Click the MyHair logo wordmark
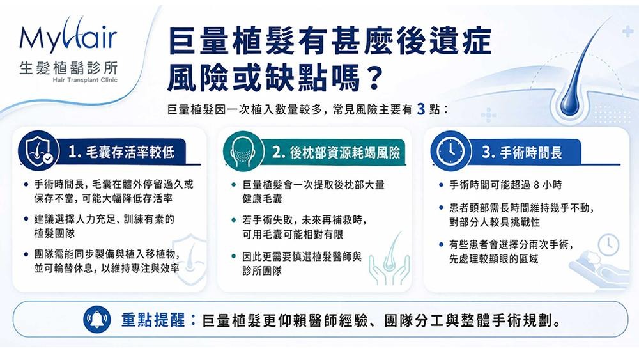(x=68, y=36)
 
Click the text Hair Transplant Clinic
(x=85, y=80)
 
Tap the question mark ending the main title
(x=372, y=75)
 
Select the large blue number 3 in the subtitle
(x=421, y=109)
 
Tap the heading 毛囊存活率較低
(x=130, y=152)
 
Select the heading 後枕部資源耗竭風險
(x=345, y=153)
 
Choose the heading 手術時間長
(x=531, y=152)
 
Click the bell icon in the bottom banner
(x=96, y=319)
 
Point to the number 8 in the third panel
(x=536, y=185)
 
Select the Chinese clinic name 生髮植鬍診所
(x=68, y=67)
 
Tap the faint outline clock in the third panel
(x=608, y=244)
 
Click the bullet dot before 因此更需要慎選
(x=234, y=257)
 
